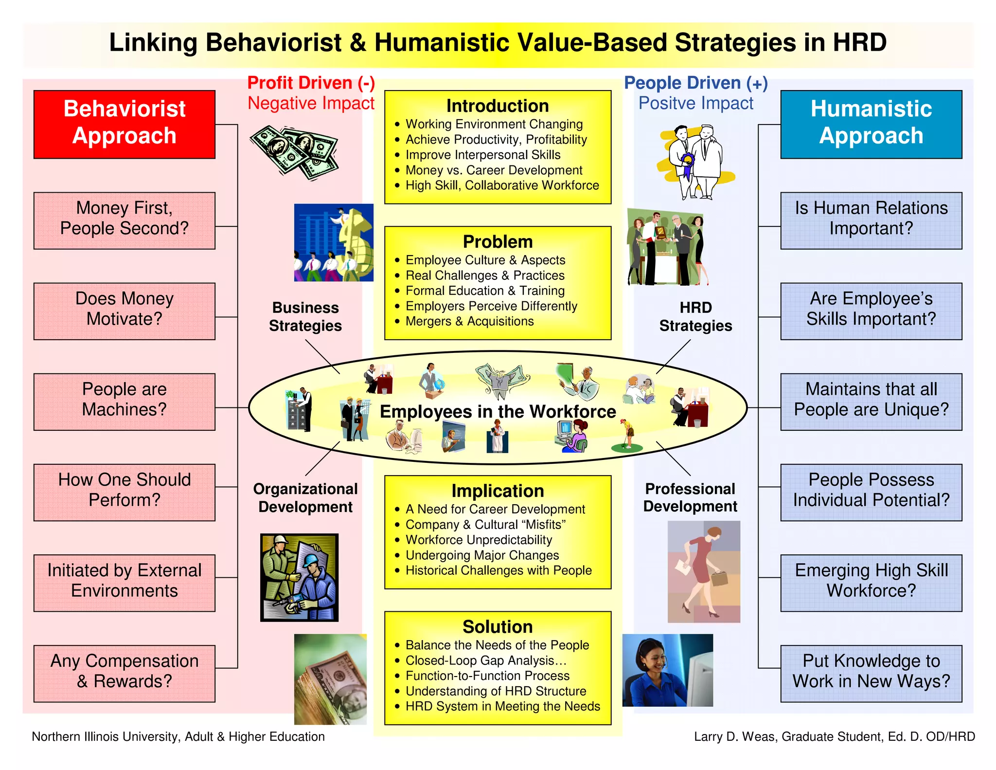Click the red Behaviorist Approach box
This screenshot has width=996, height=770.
(x=124, y=124)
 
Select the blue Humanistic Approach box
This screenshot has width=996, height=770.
(x=871, y=124)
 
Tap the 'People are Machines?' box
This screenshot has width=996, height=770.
(x=124, y=402)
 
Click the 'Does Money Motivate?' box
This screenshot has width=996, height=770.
(x=124, y=311)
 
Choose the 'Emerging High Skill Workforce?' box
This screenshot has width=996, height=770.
(x=871, y=583)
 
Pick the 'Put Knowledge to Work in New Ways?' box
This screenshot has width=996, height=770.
(x=871, y=673)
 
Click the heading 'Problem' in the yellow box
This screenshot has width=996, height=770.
(x=498, y=242)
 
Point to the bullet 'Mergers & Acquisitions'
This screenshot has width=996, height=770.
(x=469, y=321)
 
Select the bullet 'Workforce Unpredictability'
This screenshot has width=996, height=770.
(x=479, y=540)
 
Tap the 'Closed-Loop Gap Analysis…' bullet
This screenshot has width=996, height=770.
(x=486, y=660)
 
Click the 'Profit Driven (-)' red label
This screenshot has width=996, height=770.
(x=311, y=83)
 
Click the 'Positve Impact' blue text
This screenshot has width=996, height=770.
(x=695, y=103)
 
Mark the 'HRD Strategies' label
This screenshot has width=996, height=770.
(x=695, y=316)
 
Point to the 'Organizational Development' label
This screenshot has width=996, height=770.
(x=305, y=497)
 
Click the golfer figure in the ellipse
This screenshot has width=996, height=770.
(x=627, y=436)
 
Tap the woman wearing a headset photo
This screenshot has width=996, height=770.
(x=667, y=670)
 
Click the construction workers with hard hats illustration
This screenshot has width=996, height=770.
(x=299, y=577)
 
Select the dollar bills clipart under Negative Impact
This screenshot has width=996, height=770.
(x=294, y=152)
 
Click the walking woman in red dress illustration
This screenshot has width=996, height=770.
(x=704, y=571)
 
